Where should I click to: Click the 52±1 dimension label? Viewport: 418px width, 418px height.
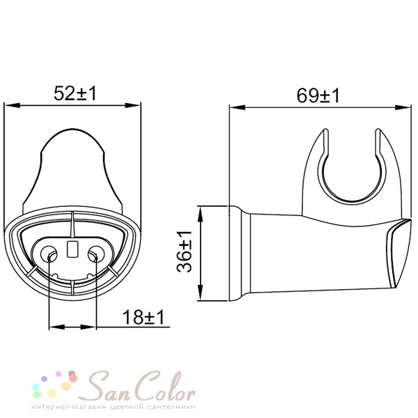75,93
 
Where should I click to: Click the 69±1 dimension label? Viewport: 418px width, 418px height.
318,95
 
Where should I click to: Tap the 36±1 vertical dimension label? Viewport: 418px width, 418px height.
184,251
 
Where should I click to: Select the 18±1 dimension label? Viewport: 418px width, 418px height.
143,317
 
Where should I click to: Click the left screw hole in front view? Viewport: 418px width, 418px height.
49,254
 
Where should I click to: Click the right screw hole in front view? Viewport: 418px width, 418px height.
96,254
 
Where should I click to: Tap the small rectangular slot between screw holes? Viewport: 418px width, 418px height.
72,249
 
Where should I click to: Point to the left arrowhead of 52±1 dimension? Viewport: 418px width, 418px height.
13,105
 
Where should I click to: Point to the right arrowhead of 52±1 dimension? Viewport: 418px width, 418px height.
133,105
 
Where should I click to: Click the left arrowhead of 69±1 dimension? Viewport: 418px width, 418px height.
238,107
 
